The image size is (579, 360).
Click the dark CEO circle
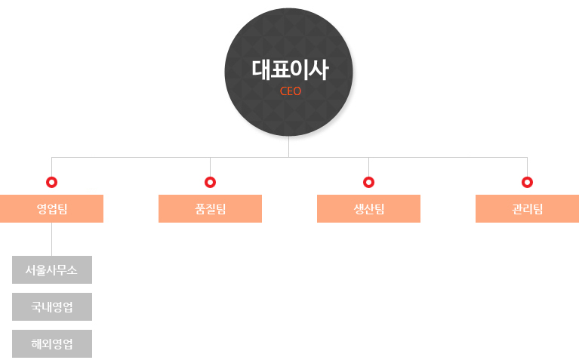click(289, 72)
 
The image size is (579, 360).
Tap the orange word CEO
click(291, 91)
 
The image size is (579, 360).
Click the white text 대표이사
click(290, 69)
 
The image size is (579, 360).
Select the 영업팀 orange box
click(51, 208)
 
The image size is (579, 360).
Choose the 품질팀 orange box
click(210, 208)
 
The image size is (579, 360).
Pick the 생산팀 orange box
click(368, 208)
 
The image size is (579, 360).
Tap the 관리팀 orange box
click(528, 208)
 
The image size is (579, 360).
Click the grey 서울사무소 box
click(52, 270)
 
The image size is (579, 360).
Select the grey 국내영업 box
click(52, 307)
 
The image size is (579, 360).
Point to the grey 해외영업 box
click(52, 343)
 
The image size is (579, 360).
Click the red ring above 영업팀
click(51, 182)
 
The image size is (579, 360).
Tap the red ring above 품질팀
click(210, 182)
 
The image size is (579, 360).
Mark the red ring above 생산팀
click(368, 182)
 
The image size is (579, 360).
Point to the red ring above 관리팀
click(528, 182)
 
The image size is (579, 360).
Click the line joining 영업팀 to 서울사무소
click(51, 239)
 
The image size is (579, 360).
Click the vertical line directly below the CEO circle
click(289, 147)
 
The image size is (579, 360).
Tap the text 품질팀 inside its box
click(210, 209)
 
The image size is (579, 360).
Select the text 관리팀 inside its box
click(528, 209)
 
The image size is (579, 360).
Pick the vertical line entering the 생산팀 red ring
click(368, 167)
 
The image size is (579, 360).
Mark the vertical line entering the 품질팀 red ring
click(210, 167)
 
